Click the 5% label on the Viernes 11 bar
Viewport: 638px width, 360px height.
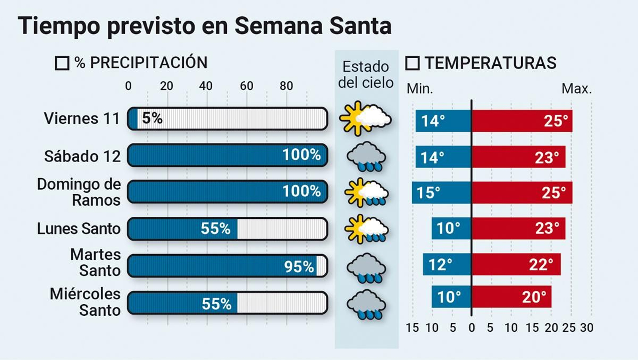(x=152, y=118)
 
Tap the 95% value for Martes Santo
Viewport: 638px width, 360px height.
(x=299, y=266)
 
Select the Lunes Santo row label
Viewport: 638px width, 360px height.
(x=79, y=229)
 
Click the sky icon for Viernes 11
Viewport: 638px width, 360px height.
(x=365, y=118)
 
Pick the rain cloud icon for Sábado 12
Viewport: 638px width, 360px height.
(x=366, y=156)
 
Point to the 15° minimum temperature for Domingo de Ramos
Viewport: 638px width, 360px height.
(x=428, y=193)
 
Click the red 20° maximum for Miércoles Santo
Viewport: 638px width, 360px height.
(x=534, y=297)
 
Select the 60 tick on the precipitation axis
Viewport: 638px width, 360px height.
(x=246, y=86)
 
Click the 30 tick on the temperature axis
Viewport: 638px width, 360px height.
(x=587, y=328)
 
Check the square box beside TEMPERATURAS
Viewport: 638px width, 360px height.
(x=412, y=63)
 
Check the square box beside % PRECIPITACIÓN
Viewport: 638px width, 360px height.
(x=62, y=63)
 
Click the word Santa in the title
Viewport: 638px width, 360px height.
(x=360, y=26)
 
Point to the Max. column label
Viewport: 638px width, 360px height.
(x=577, y=89)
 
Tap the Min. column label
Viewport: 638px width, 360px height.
(x=419, y=89)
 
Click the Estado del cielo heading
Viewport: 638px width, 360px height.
(x=366, y=75)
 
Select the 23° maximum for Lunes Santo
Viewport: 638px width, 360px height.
(x=547, y=228)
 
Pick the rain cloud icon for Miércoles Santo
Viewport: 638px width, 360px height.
(x=366, y=305)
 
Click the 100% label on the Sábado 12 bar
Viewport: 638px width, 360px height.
(x=301, y=155)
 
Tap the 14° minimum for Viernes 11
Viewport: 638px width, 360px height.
(x=433, y=121)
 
